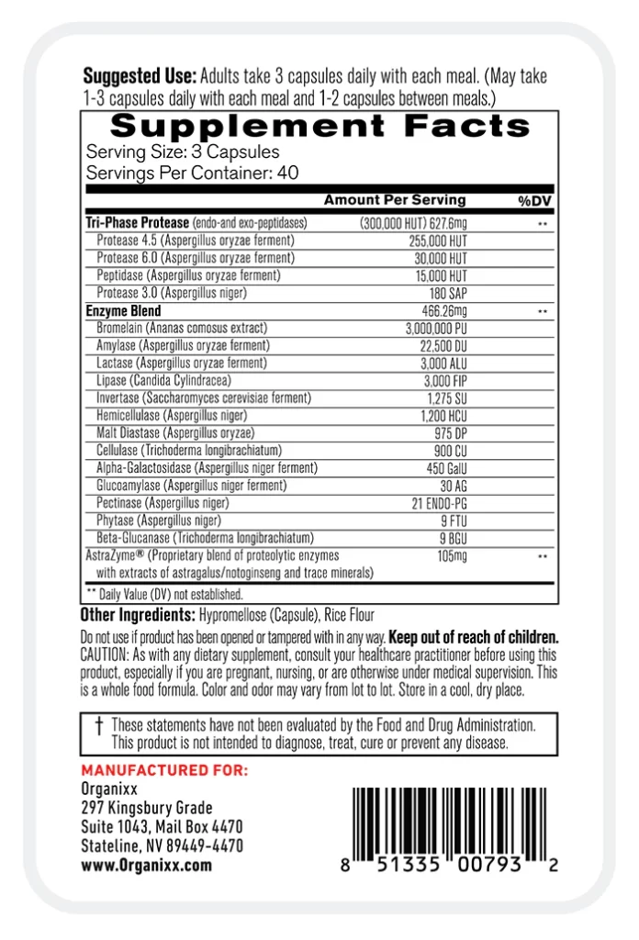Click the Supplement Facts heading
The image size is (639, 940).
pyautogui.click(x=319, y=126)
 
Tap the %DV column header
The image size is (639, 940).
pyautogui.click(x=532, y=201)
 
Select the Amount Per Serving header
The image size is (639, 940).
pyautogui.click(x=395, y=200)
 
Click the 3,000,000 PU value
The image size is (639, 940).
pyautogui.click(x=436, y=329)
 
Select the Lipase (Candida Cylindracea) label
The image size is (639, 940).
pyautogui.click(x=163, y=380)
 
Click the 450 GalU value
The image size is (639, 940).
pyautogui.click(x=445, y=468)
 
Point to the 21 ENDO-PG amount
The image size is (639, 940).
pyautogui.click(x=440, y=503)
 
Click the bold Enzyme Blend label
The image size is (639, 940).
pyautogui.click(x=123, y=311)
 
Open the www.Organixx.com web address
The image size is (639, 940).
pyautogui.click(x=146, y=865)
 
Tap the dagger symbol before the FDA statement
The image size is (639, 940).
pyautogui.click(x=98, y=725)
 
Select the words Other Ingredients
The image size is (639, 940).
pyautogui.click(x=136, y=615)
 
